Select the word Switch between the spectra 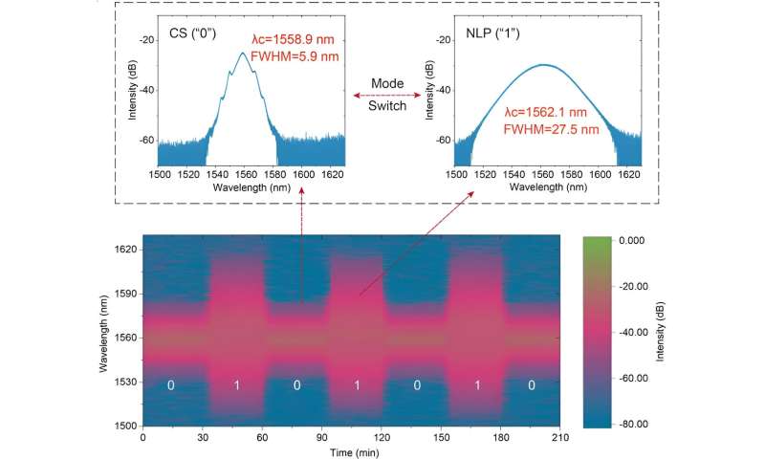pos(387,107)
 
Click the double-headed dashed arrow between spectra pos(387,96)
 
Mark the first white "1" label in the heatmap pos(236,385)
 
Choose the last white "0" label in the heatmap pos(532,385)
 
